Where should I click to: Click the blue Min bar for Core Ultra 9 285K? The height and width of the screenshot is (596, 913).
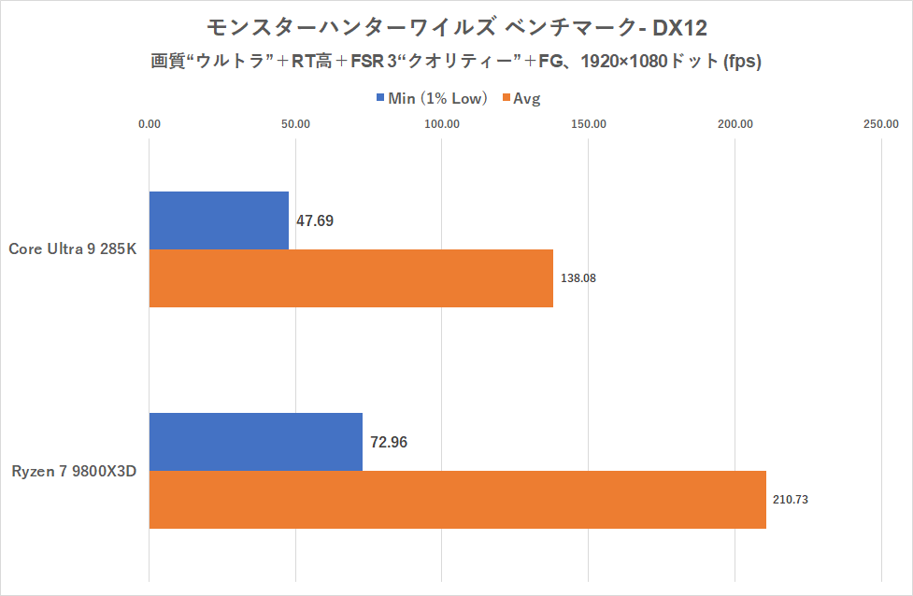219,220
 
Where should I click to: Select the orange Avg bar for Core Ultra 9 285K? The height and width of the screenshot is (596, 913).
350,278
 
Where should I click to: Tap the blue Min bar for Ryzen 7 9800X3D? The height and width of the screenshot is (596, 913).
255,442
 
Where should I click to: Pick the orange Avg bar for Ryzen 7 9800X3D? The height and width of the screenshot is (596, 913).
457,500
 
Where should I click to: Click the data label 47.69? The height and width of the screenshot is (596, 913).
315,221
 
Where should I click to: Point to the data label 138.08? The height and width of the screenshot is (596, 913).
578,278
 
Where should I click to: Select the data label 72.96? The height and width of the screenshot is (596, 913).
390,442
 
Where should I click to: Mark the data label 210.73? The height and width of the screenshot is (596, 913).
791,500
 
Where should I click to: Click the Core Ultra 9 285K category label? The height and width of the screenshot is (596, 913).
73,248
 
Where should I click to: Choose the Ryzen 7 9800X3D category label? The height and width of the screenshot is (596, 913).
74,471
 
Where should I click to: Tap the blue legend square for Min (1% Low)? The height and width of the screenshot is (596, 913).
380,97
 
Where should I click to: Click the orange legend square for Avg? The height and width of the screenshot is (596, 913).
506,97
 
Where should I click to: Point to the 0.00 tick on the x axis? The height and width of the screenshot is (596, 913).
149,123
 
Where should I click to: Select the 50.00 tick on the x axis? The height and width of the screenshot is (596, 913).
295,123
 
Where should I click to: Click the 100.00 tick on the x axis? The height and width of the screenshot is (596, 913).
442,123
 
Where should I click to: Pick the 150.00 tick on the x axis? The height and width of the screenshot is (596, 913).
589,123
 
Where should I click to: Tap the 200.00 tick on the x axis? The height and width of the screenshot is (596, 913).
735,123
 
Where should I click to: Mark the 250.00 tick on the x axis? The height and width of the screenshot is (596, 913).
881,123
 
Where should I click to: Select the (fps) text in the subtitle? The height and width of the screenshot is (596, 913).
737,63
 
